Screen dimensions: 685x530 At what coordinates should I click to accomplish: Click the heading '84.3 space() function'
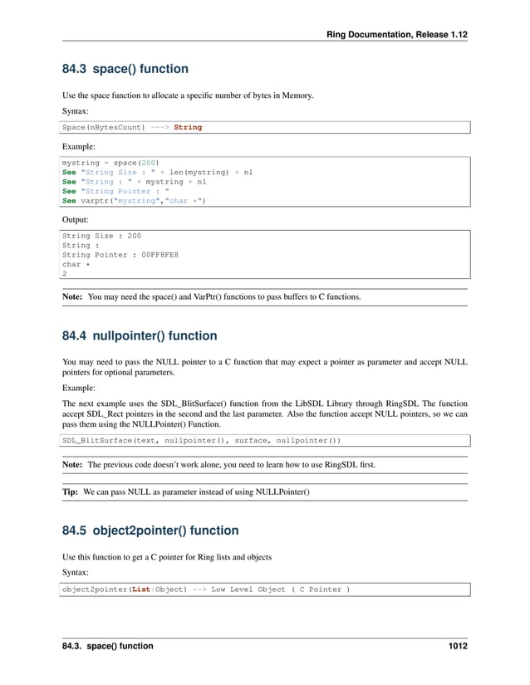pos(125,69)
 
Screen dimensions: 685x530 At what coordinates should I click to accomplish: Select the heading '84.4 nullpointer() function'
pos(140,336)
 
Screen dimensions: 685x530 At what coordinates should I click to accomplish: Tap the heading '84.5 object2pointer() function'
pos(150,531)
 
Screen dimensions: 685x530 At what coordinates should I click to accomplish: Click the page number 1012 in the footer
pos(455,646)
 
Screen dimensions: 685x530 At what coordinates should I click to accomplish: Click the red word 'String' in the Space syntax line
pos(188,127)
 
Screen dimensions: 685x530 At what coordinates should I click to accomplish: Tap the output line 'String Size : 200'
pos(101,236)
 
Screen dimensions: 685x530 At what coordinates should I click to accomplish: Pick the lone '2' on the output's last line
pos(65,274)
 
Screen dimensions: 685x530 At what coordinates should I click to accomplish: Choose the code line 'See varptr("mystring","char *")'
pos(134,200)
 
